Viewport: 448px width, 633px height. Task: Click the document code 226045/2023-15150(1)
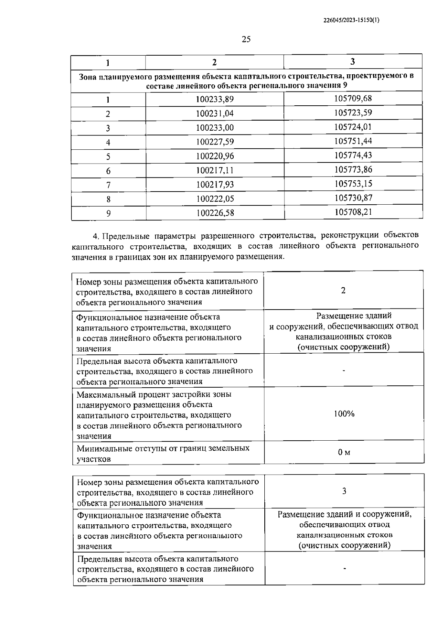[351, 21]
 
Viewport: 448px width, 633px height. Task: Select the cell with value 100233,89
[215, 99]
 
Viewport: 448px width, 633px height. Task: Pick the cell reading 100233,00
[215, 128]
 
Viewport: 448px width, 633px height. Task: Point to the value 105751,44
[353, 141]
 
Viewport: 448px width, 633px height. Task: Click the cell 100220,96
[215, 156]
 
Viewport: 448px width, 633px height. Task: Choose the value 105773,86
[353, 170]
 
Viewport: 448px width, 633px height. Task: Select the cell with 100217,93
[215, 184]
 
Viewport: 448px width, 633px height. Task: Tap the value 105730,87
[353, 198]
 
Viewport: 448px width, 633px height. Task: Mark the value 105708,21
[353, 212]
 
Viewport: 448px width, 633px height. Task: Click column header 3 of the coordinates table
[352, 62]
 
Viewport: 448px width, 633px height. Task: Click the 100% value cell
[344, 414]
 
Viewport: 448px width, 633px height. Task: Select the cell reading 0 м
[344, 453]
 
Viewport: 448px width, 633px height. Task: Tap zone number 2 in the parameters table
[343, 291]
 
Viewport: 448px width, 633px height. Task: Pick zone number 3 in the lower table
[344, 491]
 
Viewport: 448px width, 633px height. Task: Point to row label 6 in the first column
[108, 171]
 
